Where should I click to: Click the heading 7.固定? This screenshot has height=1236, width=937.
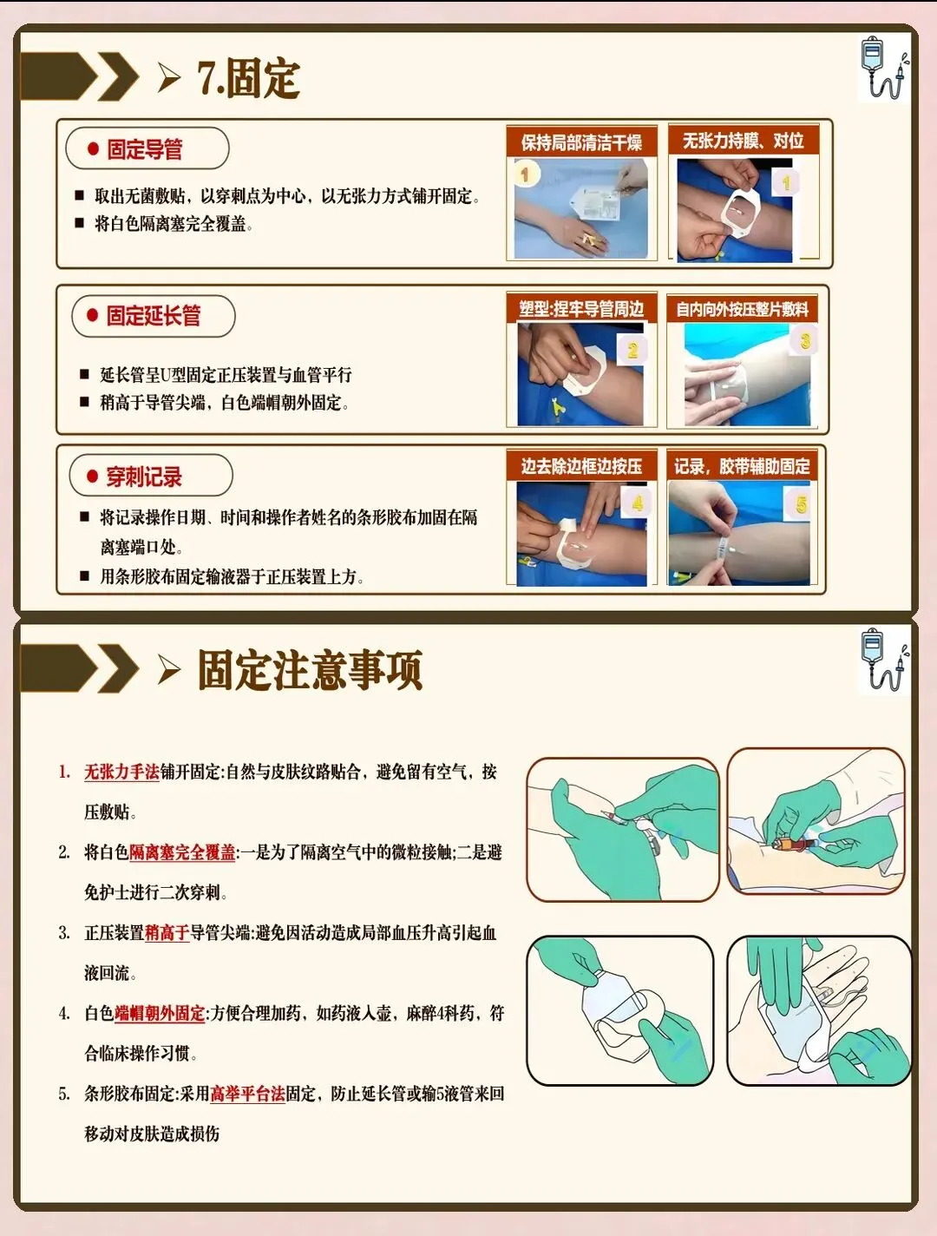248,78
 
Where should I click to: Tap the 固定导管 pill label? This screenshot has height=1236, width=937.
147,148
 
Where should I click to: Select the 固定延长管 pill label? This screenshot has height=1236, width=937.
153,316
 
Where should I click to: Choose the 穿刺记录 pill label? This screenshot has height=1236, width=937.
151,477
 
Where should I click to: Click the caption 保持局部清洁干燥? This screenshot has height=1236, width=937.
581,141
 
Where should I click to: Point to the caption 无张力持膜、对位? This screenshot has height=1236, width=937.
743,141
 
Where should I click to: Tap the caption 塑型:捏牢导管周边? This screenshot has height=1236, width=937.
581,309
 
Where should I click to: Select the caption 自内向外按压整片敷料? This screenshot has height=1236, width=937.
743,309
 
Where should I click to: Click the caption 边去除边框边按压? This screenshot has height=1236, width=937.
581,466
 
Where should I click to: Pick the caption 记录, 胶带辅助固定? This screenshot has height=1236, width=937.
742,466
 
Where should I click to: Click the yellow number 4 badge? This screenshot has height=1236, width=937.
637,503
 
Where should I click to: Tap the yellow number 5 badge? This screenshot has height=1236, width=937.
800,504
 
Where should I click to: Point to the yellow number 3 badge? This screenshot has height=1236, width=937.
805,340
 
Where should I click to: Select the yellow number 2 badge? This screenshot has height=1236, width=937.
632,351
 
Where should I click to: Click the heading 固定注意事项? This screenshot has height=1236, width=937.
310,669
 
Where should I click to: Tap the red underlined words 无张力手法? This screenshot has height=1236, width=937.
121,772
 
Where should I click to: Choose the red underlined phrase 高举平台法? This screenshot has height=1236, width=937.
247,1095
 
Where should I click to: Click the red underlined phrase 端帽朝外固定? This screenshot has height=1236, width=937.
160,1014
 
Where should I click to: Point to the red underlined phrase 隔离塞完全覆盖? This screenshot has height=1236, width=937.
182,852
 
